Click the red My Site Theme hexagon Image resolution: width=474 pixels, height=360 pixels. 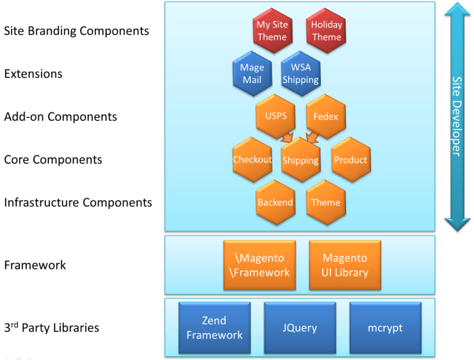click(x=271, y=30)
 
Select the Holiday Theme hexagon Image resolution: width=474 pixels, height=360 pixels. click(x=326, y=30)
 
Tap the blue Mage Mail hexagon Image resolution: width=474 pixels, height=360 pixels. click(x=252, y=73)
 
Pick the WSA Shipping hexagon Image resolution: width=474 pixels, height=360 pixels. click(x=300, y=73)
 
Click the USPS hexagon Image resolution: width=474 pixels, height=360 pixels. click(x=276, y=116)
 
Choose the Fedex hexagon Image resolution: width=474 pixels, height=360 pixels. click(x=326, y=116)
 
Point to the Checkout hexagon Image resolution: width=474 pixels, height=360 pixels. click(x=253, y=159)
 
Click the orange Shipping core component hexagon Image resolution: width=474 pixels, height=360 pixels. click(x=301, y=160)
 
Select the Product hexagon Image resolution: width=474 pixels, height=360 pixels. click(x=350, y=159)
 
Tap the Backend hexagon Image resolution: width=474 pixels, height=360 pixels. click(x=276, y=202)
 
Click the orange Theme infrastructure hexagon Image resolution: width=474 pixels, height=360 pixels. click(x=326, y=202)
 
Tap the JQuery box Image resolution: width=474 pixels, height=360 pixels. click(x=300, y=327)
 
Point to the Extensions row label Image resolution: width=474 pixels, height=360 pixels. click(x=33, y=74)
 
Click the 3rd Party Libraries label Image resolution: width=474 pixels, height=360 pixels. click(x=51, y=327)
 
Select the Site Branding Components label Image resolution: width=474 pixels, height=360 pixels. click(x=76, y=31)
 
